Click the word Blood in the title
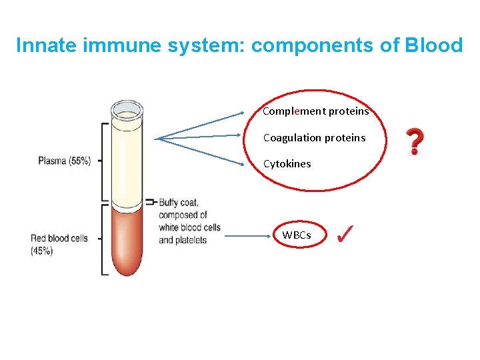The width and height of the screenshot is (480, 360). (x=433, y=45)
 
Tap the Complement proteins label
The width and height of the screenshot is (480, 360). (x=315, y=111)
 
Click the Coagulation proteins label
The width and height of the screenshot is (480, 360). (x=314, y=137)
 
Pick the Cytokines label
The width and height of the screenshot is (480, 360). (x=287, y=163)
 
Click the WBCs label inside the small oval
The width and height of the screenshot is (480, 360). (x=296, y=235)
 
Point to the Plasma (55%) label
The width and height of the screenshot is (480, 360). (x=65, y=161)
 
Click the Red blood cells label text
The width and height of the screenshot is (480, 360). (x=59, y=238)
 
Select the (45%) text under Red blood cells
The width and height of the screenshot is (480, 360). (x=42, y=251)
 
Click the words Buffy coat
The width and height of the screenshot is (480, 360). (x=178, y=203)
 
